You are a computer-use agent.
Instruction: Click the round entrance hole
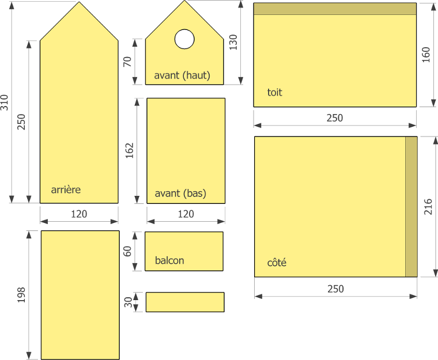(x=184, y=39)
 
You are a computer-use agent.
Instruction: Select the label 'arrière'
(x=66, y=190)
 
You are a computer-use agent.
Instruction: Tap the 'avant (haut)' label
(x=182, y=75)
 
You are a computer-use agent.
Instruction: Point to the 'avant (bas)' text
(x=180, y=194)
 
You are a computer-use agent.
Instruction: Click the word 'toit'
(x=274, y=92)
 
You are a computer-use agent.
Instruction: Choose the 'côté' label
(x=277, y=262)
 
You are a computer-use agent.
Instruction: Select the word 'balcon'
(x=169, y=260)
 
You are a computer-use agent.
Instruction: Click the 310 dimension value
(x=5, y=103)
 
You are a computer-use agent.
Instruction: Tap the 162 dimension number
(x=130, y=150)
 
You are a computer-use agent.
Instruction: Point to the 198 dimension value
(x=21, y=295)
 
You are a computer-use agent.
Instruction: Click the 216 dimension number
(x=428, y=207)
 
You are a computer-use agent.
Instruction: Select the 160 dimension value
(x=426, y=55)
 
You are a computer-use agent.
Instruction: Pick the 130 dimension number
(x=233, y=42)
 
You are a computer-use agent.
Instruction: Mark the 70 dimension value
(x=127, y=62)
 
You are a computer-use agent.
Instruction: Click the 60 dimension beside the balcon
(x=127, y=251)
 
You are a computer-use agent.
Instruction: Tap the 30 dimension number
(x=128, y=302)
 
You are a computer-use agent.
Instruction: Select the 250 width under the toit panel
(x=335, y=118)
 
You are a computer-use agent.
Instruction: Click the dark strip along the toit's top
(x=335, y=9)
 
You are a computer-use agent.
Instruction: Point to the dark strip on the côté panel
(x=411, y=207)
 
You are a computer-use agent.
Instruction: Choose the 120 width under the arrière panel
(x=79, y=214)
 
